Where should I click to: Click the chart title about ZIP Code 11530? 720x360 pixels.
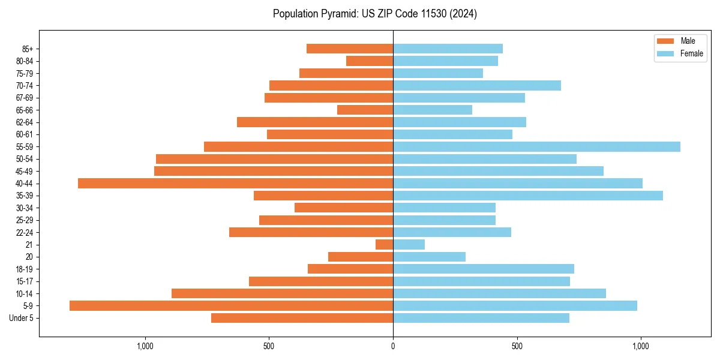[374, 14]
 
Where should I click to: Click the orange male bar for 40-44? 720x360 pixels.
[235, 183]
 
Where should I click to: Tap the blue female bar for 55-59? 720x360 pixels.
[536, 146]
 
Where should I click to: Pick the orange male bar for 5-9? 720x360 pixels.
[231, 305]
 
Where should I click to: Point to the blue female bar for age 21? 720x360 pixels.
[409, 244]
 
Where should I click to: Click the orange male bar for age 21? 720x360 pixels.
[384, 244]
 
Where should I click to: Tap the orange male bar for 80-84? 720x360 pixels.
[370, 61]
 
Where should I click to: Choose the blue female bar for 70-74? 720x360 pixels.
[477, 85]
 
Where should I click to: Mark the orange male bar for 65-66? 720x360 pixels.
[365, 110]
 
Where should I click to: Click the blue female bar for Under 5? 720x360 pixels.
[481, 318]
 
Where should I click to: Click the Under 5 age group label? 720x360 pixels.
[21, 318]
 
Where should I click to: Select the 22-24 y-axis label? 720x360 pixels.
[24, 232]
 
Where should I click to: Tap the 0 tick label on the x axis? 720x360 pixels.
[393, 346]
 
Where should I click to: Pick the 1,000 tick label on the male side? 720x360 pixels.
[145, 346]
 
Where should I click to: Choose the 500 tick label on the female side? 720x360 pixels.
[517, 346]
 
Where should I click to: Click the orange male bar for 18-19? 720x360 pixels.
[350, 269]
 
